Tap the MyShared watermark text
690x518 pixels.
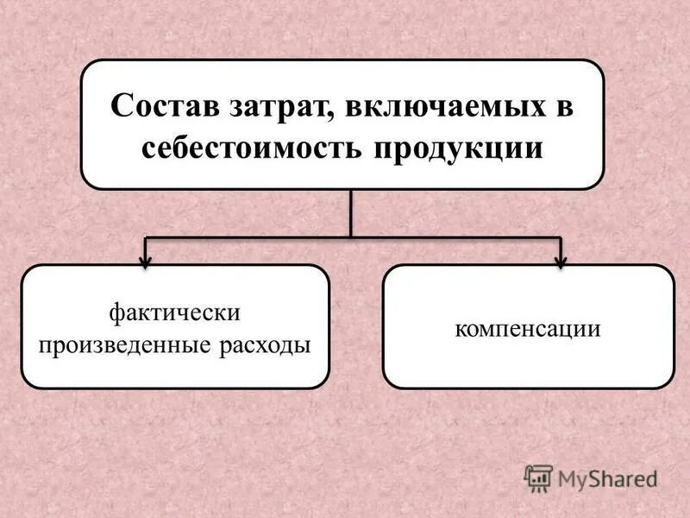pos(607,477)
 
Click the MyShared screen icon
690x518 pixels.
pos(538,477)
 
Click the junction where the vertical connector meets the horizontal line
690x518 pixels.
pos(351,237)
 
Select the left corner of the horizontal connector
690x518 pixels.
pos(146,237)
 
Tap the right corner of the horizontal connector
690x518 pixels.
pos(561,237)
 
